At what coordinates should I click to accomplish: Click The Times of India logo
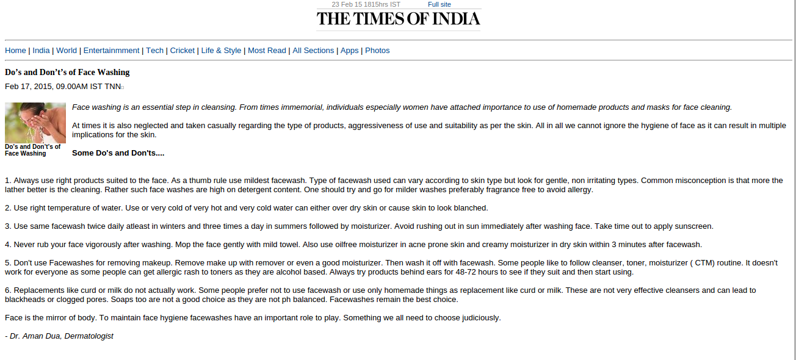click(x=398, y=19)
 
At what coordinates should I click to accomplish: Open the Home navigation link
click(x=15, y=51)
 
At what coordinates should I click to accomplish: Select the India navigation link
click(x=41, y=51)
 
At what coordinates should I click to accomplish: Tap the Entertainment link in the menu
click(x=111, y=51)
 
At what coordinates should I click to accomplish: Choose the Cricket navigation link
click(x=182, y=51)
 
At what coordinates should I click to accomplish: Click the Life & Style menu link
click(x=221, y=51)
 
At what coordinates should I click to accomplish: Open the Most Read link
click(x=267, y=51)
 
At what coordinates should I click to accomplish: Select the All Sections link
click(x=313, y=51)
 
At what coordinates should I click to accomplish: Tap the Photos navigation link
click(x=377, y=51)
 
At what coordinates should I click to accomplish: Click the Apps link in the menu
click(x=349, y=51)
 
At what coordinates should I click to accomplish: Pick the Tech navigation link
click(x=154, y=51)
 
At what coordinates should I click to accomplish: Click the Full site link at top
click(x=440, y=4)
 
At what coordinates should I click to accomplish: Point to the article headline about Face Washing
click(x=67, y=72)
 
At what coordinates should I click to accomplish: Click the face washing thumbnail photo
click(x=35, y=123)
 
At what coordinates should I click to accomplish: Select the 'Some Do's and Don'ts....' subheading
click(x=118, y=153)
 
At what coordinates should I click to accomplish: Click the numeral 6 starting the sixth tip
click(x=7, y=290)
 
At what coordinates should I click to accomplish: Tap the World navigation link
click(x=67, y=51)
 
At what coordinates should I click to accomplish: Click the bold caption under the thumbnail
click(x=32, y=150)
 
